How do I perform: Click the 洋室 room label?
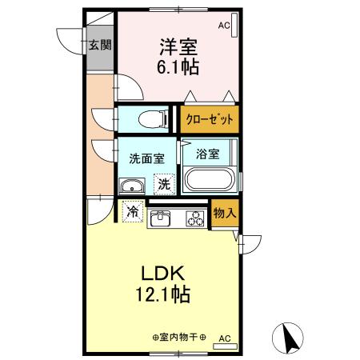(x=178, y=46)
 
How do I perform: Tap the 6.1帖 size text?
(x=178, y=67)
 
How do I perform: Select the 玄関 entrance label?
(x=98, y=45)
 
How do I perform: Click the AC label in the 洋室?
(x=223, y=26)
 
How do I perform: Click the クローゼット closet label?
(x=210, y=120)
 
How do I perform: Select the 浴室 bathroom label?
(x=208, y=153)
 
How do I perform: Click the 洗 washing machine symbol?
(x=164, y=185)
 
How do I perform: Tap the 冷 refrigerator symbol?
(x=132, y=213)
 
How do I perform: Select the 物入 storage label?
(x=223, y=214)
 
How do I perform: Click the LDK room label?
(x=163, y=271)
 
